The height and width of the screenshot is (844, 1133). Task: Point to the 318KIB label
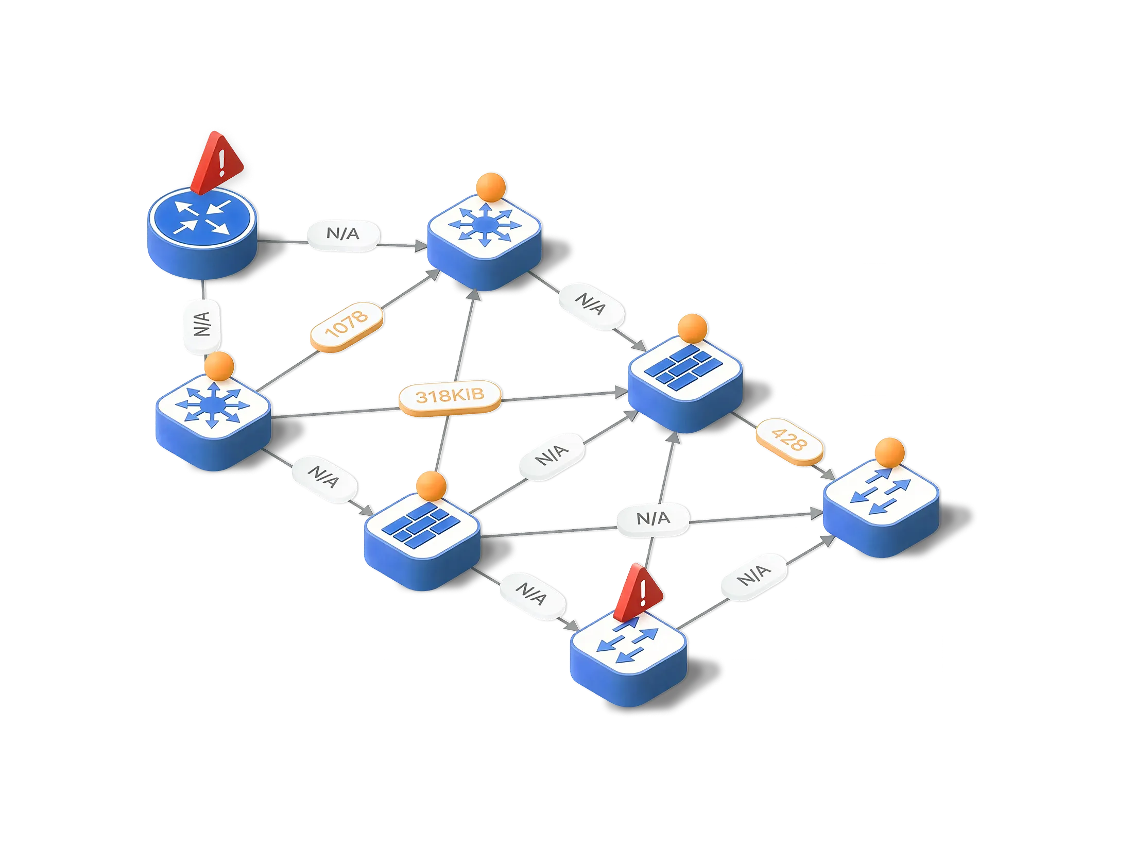click(x=450, y=396)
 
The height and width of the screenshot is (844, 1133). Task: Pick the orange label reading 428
click(x=788, y=442)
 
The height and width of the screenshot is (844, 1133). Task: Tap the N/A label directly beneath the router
click(x=202, y=324)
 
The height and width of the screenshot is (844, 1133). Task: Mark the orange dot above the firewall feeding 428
click(x=692, y=328)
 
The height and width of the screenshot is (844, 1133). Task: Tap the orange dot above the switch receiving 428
click(x=889, y=452)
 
